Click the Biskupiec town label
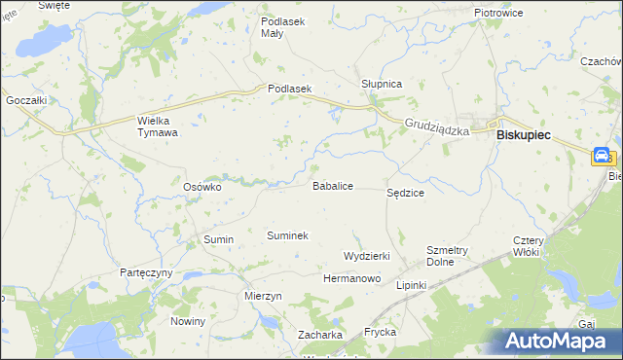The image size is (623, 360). [x=523, y=137]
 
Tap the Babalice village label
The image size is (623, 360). [x=332, y=185]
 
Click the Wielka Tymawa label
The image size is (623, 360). [x=157, y=126]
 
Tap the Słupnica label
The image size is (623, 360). [x=382, y=85]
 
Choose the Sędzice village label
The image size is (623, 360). [x=405, y=194]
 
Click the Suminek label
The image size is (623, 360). [x=287, y=235]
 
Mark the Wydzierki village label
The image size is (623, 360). [x=367, y=256]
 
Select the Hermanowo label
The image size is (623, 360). [x=351, y=278]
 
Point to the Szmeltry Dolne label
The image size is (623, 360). [x=448, y=256]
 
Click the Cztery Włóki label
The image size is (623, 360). [x=532, y=246]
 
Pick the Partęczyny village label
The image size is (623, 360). [x=146, y=272]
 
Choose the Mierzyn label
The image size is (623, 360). [x=264, y=296]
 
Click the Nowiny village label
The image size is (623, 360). [x=188, y=321]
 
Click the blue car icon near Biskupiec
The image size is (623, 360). [x=602, y=156]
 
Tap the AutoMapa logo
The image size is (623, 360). [x=561, y=342]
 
